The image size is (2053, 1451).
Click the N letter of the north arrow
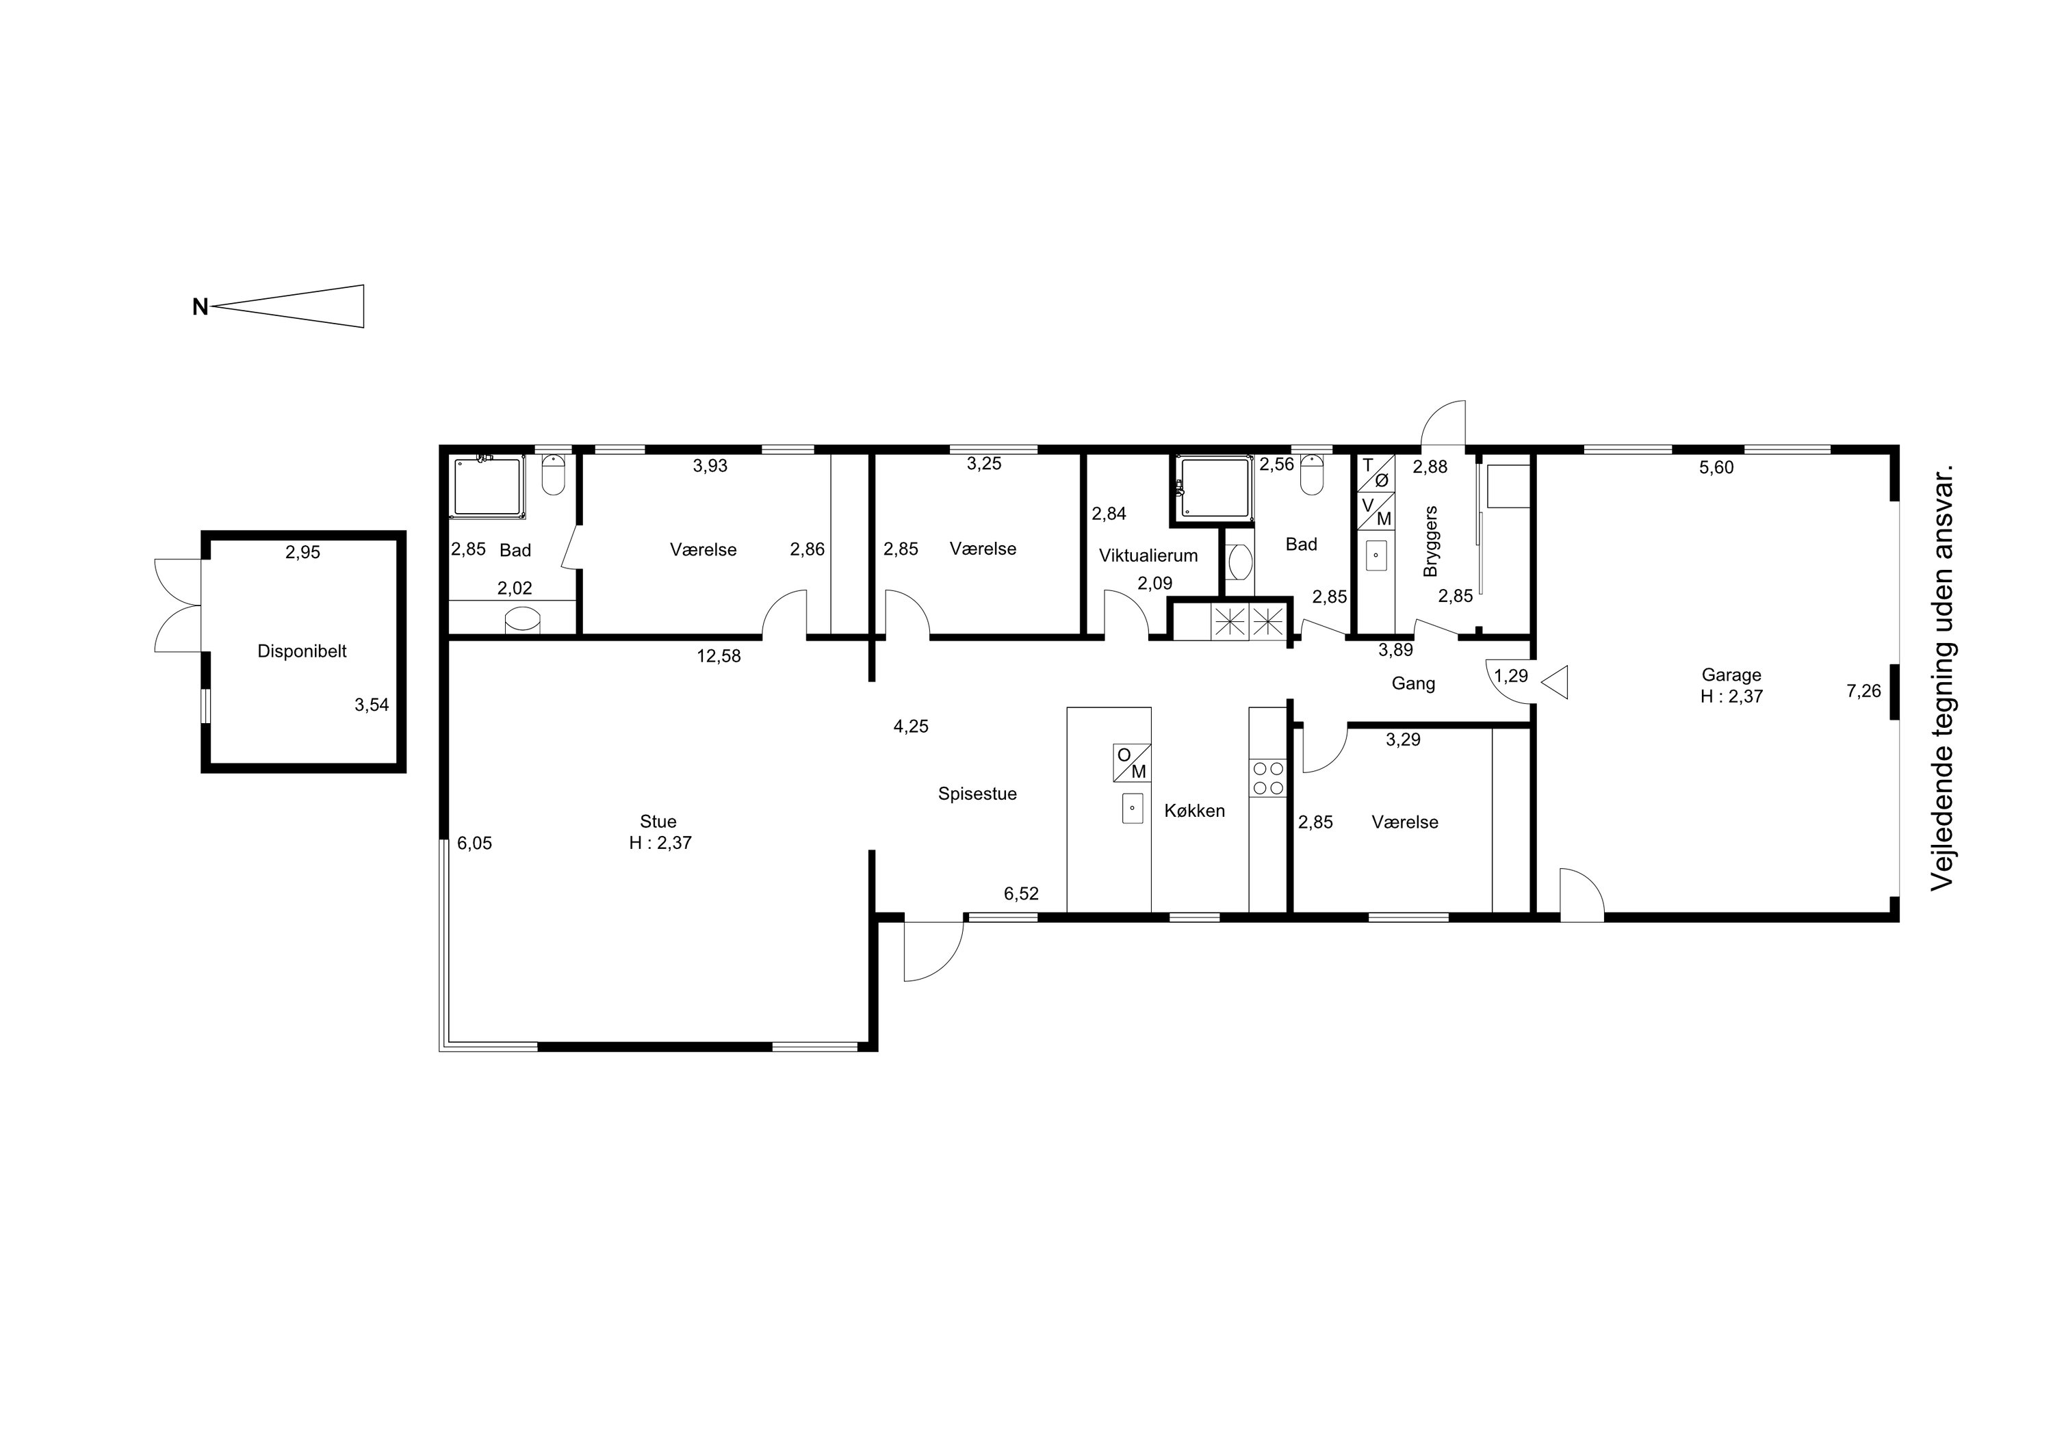pyautogui.click(x=201, y=308)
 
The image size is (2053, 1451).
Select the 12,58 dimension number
pyautogui.click(x=719, y=656)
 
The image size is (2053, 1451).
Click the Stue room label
pyautogui.click(x=658, y=822)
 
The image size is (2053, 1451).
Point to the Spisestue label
pyautogui.click(x=977, y=794)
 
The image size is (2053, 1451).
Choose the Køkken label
pyautogui.click(x=1195, y=811)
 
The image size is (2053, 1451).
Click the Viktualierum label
pyautogui.click(x=1148, y=556)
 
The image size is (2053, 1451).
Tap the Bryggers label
pyautogui.click(x=1431, y=541)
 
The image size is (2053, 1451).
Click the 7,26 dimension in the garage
pyautogui.click(x=1863, y=691)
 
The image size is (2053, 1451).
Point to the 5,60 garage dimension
pyautogui.click(x=1716, y=467)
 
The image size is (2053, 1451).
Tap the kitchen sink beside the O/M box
pyautogui.click(x=1132, y=807)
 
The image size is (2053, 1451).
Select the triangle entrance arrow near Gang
pyautogui.click(x=1554, y=683)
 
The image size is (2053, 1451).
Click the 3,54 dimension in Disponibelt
pyautogui.click(x=372, y=705)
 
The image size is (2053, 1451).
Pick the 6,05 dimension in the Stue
pyautogui.click(x=475, y=843)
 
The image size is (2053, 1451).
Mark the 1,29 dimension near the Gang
pyautogui.click(x=1511, y=676)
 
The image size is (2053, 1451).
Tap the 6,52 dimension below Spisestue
pyautogui.click(x=1021, y=894)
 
